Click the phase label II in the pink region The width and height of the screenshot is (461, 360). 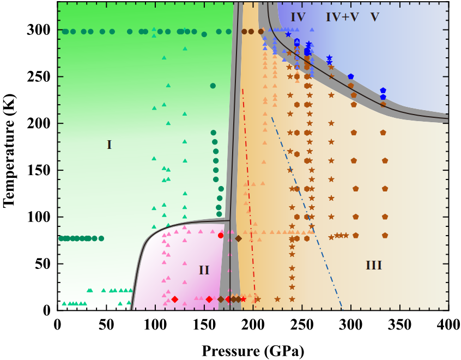point(204,270)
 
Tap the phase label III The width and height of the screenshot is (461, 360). point(373,266)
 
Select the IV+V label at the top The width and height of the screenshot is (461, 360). point(342,17)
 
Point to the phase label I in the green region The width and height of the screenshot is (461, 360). point(109,145)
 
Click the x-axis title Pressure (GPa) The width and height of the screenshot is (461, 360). point(253,349)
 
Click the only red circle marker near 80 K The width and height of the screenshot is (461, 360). point(221,236)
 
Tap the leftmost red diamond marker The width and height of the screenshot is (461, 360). point(174,299)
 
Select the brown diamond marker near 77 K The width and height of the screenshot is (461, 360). point(238,238)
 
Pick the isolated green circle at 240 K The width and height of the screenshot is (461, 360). point(213,86)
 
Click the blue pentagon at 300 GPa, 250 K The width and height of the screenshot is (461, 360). point(350,77)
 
